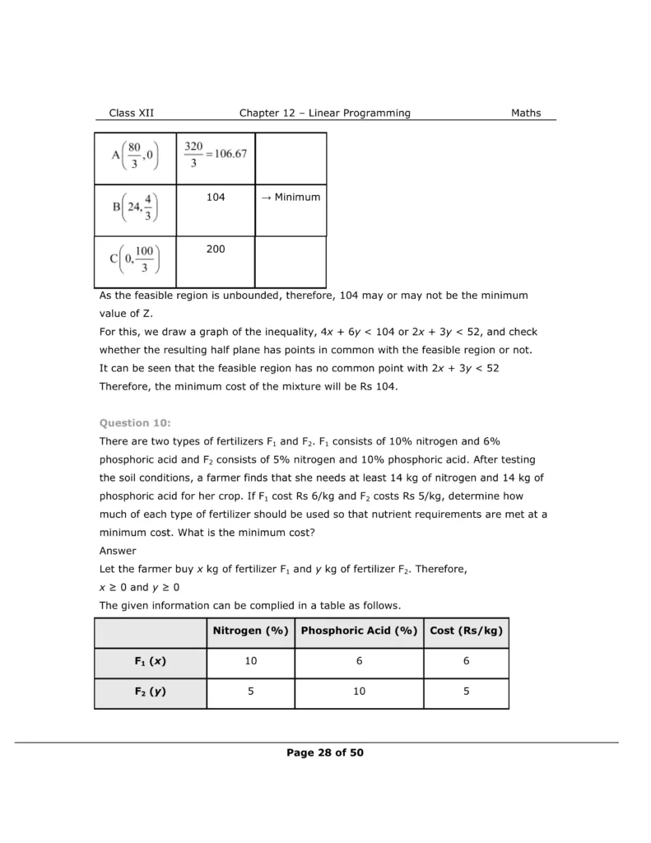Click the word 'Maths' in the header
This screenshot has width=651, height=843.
pyautogui.click(x=526, y=114)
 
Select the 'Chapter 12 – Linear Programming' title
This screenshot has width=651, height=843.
pyautogui.click(x=324, y=114)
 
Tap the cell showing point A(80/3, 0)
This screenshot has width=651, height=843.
pyautogui.click(x=134, y=157)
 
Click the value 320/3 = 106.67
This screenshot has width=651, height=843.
pyautogui.click(x=216, y=154)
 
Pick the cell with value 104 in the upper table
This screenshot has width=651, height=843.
pyautogui.click(x=216, y=198)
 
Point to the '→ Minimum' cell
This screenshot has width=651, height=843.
pyautogui.click(x=291, y=198)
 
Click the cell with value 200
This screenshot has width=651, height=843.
pyautogui.click(x=216, y=249)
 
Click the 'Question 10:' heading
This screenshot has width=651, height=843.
pyautogui.click(x=135, y=423)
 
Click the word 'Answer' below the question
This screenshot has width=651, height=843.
pyautogui.click(x=118, y=551)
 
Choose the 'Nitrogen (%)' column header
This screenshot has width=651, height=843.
pyautogui.click(x=250, y=631)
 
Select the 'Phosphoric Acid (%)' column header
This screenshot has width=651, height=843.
pyautogui.click(x=359, y=631)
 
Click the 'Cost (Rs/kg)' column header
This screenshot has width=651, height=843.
pyautogui.click(x=466, y=631)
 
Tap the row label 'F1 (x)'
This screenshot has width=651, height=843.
pyautogui.click(x=150, y=661)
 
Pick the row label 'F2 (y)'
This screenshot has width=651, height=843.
pyautogui.click(x=150, y=692)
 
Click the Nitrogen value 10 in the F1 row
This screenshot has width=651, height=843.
pyautogui.click(x=250, y=661)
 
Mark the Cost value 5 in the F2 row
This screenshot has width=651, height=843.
pyautogui.click(x=466, y=692)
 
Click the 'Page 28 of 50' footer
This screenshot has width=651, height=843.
pyautogui.click(x=325, y=752)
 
